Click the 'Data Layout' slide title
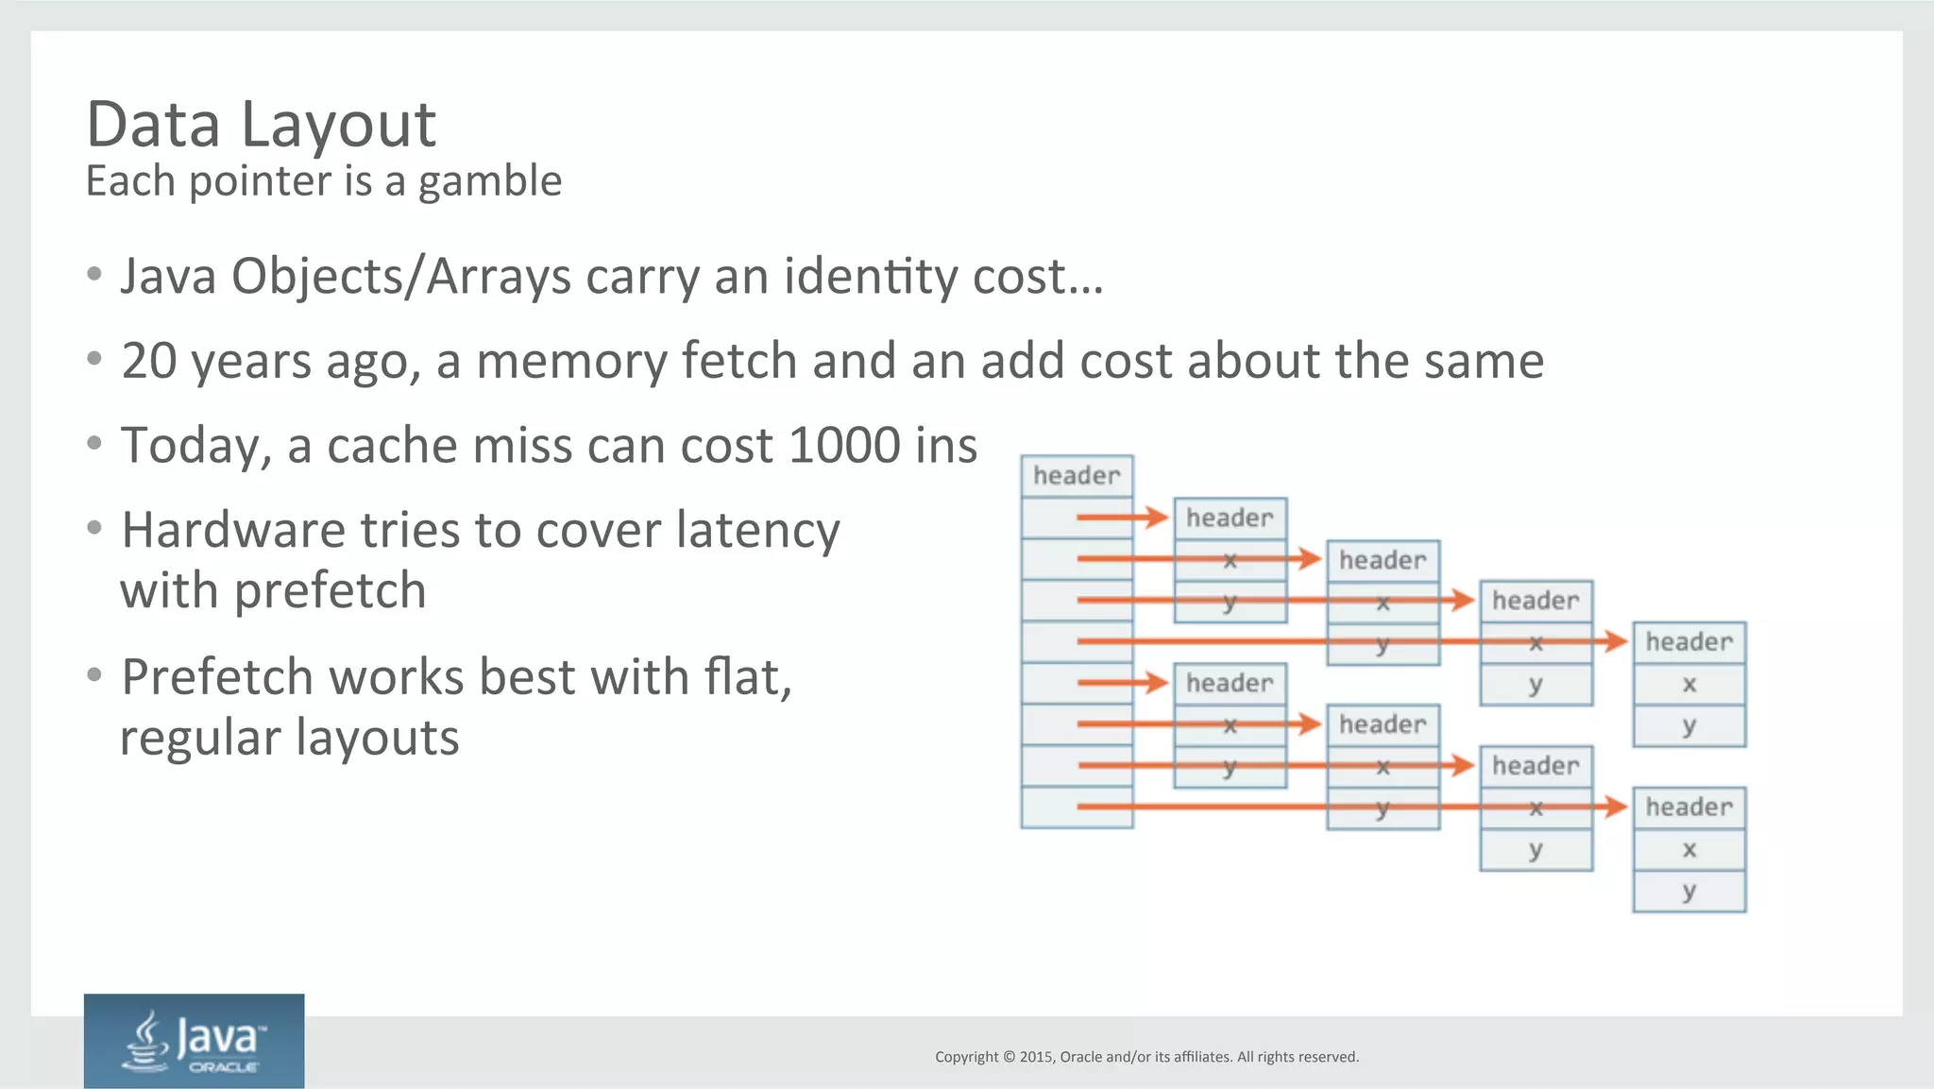click(x=261, y=125)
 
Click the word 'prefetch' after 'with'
click(x=330, y=591)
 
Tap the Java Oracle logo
click(x=194, y=1040)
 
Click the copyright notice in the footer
click(x=1146, y=1057)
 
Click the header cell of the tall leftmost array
click(x=1077, y=476)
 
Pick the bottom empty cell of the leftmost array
click(x=1077, y=808)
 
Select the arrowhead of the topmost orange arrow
click(x=1157, y=517)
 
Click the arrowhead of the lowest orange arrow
click(x=1615, y=807)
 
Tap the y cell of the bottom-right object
click(x=1688, y=891)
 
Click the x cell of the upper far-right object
click(x=1688, y=684)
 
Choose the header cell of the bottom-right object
click(x=1688, y=808)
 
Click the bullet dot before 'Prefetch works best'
click(x=93, y=675)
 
